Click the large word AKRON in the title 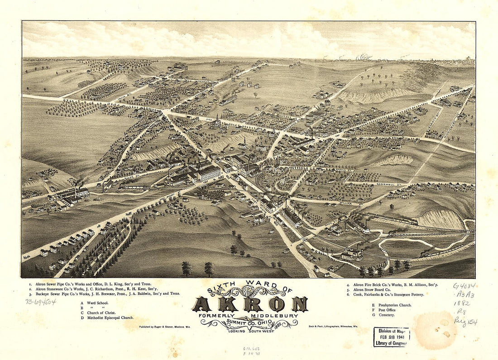[250, 304]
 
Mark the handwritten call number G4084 [464, 286]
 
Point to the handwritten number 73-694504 [41, 301]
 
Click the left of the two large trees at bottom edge [187, 268]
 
